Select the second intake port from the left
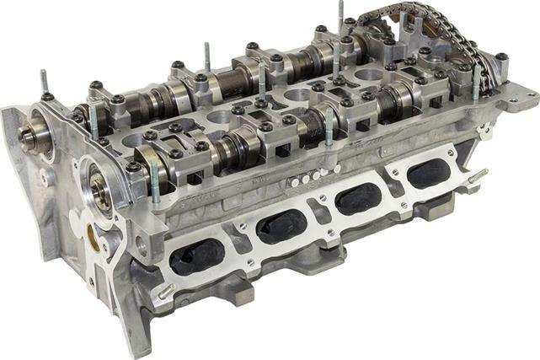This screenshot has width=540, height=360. [281, 226]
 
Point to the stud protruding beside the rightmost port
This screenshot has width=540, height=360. [478, 175]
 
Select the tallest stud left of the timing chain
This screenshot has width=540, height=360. [341, 17]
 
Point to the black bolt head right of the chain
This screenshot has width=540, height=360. [502, 58]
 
